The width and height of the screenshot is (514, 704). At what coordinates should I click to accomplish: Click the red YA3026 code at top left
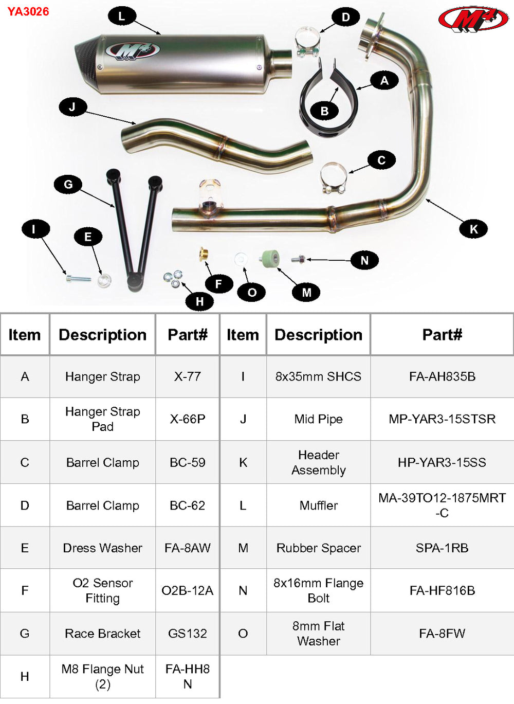pyautogui.click(x=28, y=11)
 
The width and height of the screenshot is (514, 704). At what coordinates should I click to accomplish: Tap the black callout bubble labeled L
pyautogui.click(x=121, y=16)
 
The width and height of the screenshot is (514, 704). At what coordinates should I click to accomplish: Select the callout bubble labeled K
pyautogui.click(x=473, y=229)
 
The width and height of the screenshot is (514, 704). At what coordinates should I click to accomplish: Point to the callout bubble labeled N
pyautogui.click(x=364, y=260)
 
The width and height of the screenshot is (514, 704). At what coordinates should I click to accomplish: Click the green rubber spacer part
pyautogui.click(x=270, y=258)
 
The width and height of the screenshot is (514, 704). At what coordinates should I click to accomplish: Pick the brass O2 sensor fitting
pyautogui.click(x=204, y=254)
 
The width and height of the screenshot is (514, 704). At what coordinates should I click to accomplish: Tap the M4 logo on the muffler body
pyautogui.click(x=133, y=51)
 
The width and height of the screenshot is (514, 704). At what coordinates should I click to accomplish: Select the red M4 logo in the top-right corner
pyautogui.click(x=473, y=20)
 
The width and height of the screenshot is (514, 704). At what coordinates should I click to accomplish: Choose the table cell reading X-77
pyautogui.click(x=187, y=376)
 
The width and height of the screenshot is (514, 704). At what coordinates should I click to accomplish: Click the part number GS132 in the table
pyautogui.click(x=187, y=634)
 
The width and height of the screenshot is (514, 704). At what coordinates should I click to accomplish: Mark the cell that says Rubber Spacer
pyautogui.click(x=318, y=548)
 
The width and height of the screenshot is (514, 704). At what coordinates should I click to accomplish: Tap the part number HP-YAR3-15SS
pyautogui.click(x=442, y=462)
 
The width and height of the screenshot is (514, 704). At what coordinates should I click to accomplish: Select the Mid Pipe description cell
pyautogui.click(x=318, y=419)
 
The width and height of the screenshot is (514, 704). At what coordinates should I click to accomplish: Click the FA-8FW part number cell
pyautogui.click(x=442, y=634)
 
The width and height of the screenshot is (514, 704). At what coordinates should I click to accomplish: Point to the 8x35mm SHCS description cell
pyautogui.click(x=318, y=376)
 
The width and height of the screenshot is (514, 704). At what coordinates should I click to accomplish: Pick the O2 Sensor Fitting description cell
pyautogui.click(x=102, y=590)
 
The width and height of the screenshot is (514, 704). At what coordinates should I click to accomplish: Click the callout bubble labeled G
pyautogui.click(x=68, y=184)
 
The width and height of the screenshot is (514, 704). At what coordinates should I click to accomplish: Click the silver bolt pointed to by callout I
pyautogui.click(x=78, y=279)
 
